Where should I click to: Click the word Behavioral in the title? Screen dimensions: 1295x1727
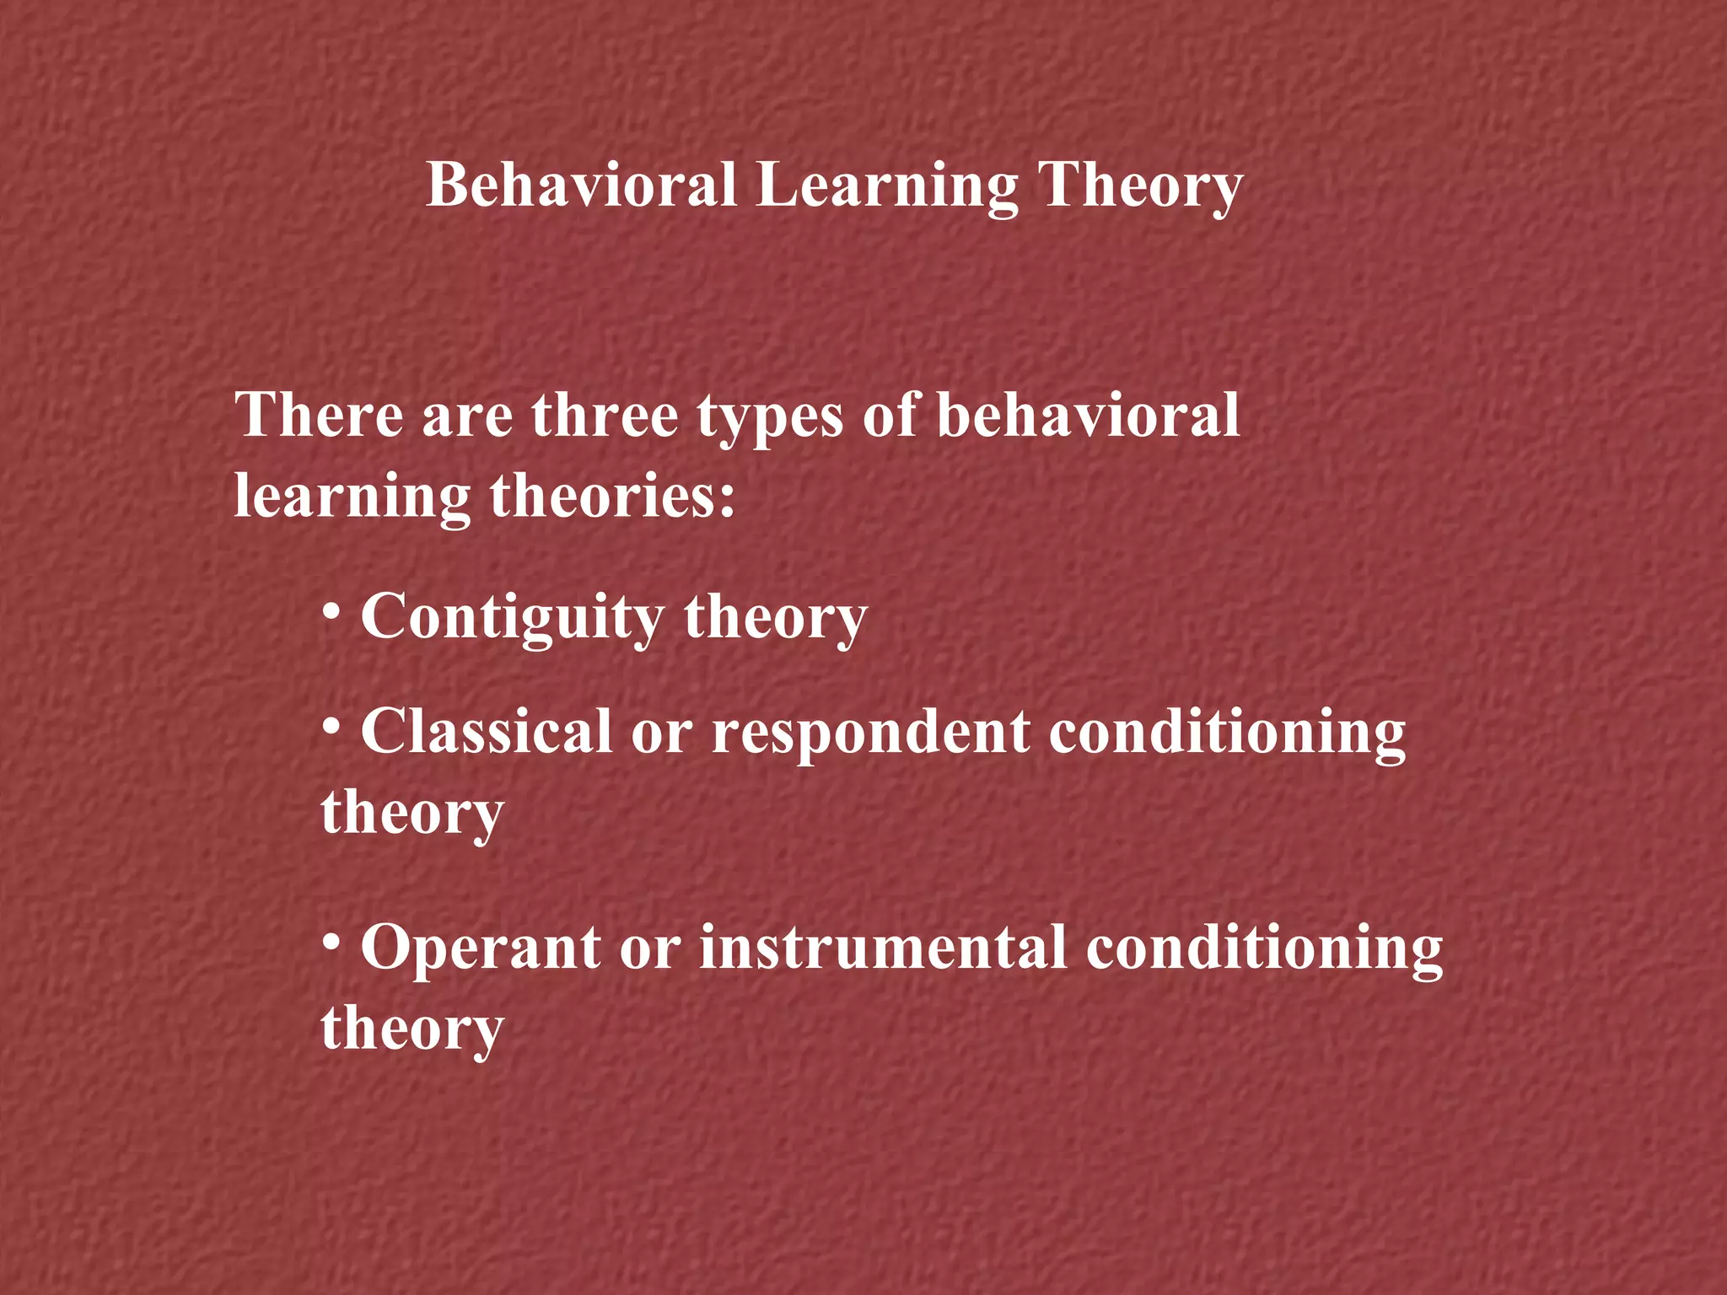click(x=582, y=185)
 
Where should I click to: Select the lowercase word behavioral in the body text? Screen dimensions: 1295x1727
click(x=1088, y=415)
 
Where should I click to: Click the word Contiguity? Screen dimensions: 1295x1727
click(x=513, y=617)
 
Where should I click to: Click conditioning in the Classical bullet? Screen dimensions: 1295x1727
click(x=1227, y=732)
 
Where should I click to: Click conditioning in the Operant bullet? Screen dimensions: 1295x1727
click(x=1264, y=948)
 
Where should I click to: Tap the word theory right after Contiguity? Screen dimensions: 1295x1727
click(x=775, y=617)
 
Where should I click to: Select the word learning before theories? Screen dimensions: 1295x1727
click(x=352, y=496)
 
